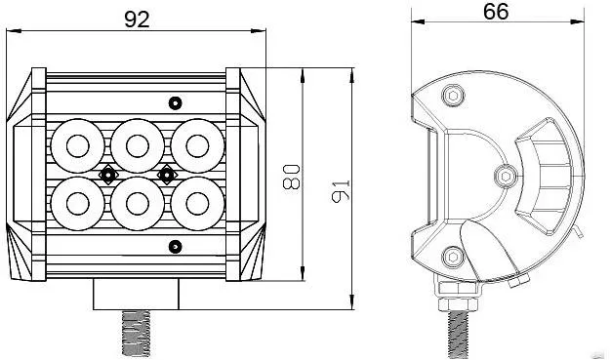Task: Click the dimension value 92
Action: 137,20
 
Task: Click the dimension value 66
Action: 496,12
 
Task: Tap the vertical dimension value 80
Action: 292,177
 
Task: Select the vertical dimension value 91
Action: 341,191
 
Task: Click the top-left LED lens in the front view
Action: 78,145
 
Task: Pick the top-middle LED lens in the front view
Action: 138,145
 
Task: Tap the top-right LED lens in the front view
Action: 197,145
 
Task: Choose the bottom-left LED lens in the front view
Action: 78,204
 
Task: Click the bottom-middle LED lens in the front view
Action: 138,204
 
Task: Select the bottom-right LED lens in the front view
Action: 197,204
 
